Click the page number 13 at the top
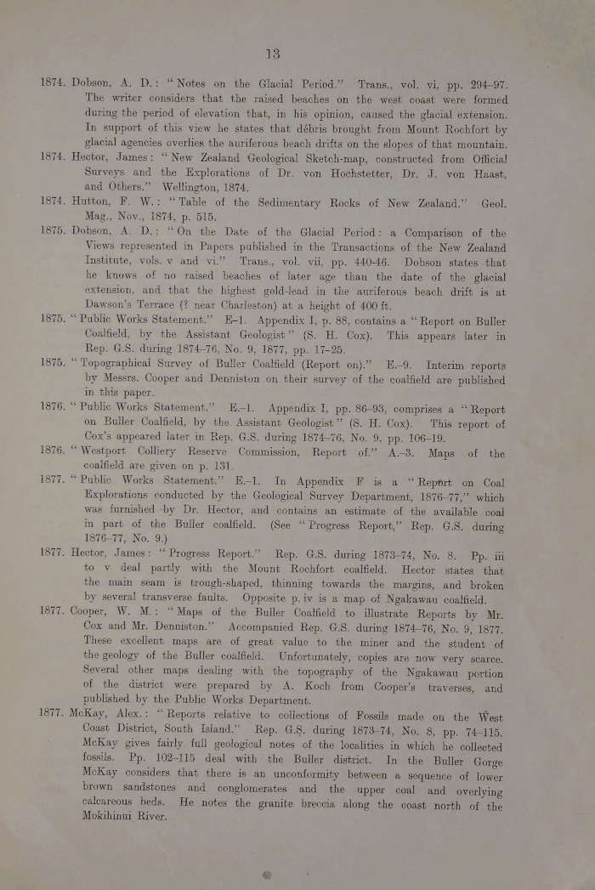point(272,53)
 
